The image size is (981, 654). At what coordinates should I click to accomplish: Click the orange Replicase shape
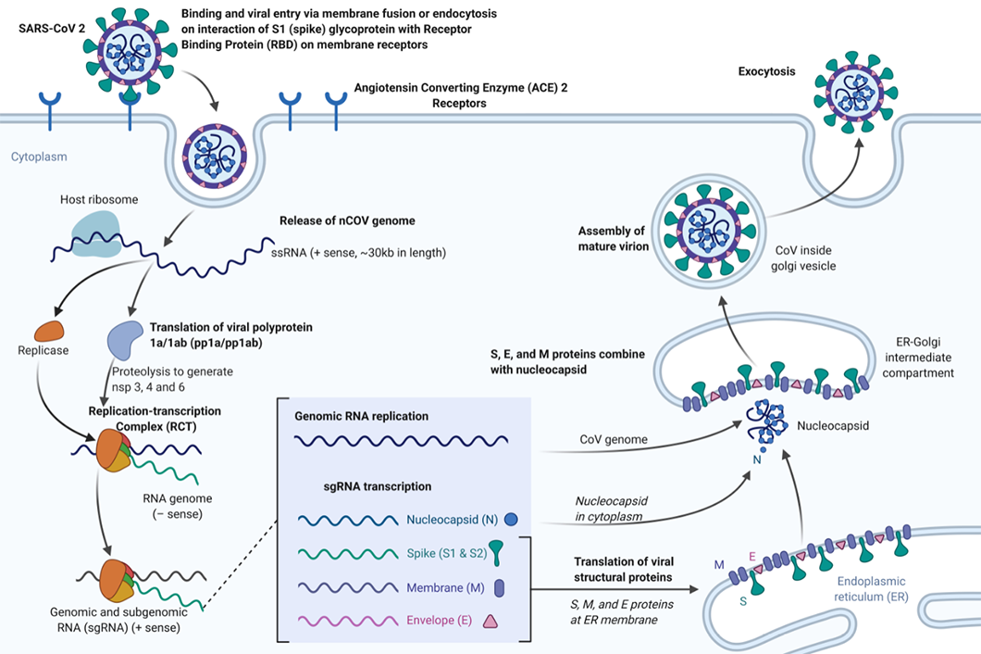pyautogui.click(x=49, y=331)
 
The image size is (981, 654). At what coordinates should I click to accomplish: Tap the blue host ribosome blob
pyautogui.click(x=95, y=233)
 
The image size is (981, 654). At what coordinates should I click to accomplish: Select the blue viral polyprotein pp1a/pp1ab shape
pyautogui.click(x=125, y=340)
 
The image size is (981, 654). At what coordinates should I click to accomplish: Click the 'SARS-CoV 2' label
pyautogui.click(x=52, y=29)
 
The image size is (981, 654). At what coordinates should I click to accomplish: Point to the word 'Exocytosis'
pyautogui.click(x=766, y=71)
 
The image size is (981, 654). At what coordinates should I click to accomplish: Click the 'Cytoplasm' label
pyautogui.click(x=39, y=157)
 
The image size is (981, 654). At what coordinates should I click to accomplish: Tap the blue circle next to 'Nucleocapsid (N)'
pyautogui.click(x=511, y=520)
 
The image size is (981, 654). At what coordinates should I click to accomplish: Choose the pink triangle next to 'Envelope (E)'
pyautogui.click(x=490, y=621)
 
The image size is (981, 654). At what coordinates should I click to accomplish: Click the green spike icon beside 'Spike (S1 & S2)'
pyautogui.click(x=495, y=552)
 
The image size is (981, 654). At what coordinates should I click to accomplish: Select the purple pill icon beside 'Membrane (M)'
pyautogui.click(x=499, y=587)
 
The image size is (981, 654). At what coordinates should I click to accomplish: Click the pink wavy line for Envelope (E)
pyautogui.click(x=348, y=621)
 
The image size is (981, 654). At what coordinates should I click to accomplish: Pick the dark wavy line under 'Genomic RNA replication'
pyautogui.click(x=401, y=441)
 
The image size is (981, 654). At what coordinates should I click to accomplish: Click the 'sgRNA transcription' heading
pyautogui.click(x=378, y=486)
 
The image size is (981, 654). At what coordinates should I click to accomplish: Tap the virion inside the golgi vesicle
pyautogui.click(x=708, y=232)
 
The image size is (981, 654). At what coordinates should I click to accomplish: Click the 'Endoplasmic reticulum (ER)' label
pyautogui.click(x=871, y=589)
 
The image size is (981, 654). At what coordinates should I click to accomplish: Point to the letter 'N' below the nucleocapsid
pyautogui.click(x=757, y=459)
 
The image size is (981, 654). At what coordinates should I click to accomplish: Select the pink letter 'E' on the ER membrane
pyautogui.click(x=752, y=557)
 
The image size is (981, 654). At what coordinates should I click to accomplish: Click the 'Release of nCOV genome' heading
pyautogui.click(x=347, y=220)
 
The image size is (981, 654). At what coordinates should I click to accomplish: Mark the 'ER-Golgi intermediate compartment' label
pyautogui.click(x=918, y=357)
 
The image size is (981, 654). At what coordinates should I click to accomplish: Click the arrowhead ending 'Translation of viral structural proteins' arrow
pyautogui.click(x=693, y=589)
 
